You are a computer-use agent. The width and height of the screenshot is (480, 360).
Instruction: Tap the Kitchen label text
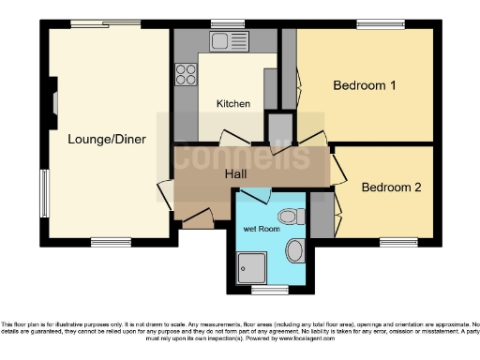point(232,103)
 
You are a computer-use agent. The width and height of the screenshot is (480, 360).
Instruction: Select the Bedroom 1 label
point(365,85)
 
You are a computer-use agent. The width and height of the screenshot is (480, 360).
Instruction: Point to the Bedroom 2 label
point(391,187)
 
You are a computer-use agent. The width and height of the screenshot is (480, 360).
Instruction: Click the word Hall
point(236,173)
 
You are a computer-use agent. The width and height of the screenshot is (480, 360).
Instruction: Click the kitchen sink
point(225,40)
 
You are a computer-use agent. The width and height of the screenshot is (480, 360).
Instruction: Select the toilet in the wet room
point(293,217)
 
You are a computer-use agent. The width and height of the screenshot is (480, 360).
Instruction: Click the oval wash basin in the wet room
point(294,250)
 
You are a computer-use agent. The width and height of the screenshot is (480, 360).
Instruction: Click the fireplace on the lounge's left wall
point(54,101)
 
